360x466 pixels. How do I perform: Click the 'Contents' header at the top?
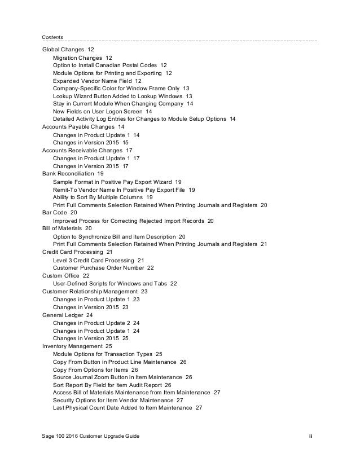[52, 37]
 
